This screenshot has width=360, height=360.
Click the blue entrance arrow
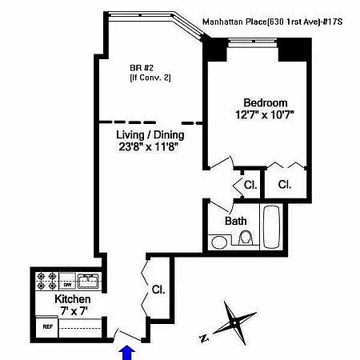[x=126, y=353]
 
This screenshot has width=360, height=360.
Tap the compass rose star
[x=234, y=323]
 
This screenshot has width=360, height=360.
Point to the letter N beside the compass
[x=204, y=338]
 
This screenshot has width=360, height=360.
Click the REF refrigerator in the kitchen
[x=47, y=326]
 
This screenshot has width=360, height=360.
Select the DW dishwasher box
[x=67, y=285]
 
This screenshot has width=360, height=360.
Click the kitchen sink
[x=88, y=281]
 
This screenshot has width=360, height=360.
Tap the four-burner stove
[x=47, y=281]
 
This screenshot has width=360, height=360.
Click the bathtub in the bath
[x=271, y=226]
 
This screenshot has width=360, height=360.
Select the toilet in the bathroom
[x=246, y=238]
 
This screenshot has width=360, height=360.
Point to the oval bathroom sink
[x=219, y=242]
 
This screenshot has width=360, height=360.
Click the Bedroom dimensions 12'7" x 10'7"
[x=265, y=115]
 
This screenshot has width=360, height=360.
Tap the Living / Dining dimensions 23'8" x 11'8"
[x=149, y=146]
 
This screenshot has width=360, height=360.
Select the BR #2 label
[x=142, y=68]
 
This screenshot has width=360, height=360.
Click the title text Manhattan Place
[x=234, y=22]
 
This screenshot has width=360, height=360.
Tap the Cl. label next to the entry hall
[x=158, y=290]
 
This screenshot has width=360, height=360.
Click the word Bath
[x=235, y=221]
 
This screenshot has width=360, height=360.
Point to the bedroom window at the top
[x=253, y=41]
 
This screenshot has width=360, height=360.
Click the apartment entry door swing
[x=126, y=334]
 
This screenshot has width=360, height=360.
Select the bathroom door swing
[x=221, y=206]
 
